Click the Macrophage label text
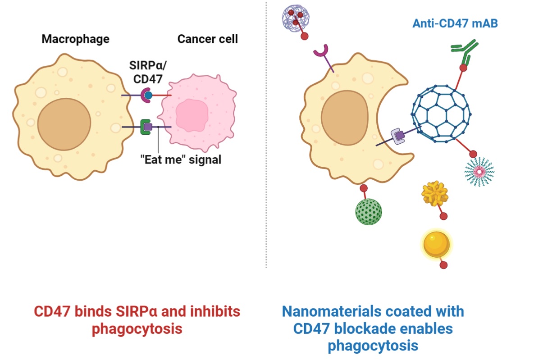[x=75, y=39]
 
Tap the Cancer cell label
[x=207, y=39]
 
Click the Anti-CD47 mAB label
[x=455, y=23]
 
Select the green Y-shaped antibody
[x=465, y=51]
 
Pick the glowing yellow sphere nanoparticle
[x=436, y=244]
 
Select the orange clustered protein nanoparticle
[x=434, y=193]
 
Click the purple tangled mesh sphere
[x=295, y=18]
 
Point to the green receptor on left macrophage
[x=145, y=127]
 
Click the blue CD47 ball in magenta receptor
[x=148, y=95]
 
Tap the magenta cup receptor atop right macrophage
[x=321, y=52]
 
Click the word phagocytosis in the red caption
[x=137, y=328]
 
